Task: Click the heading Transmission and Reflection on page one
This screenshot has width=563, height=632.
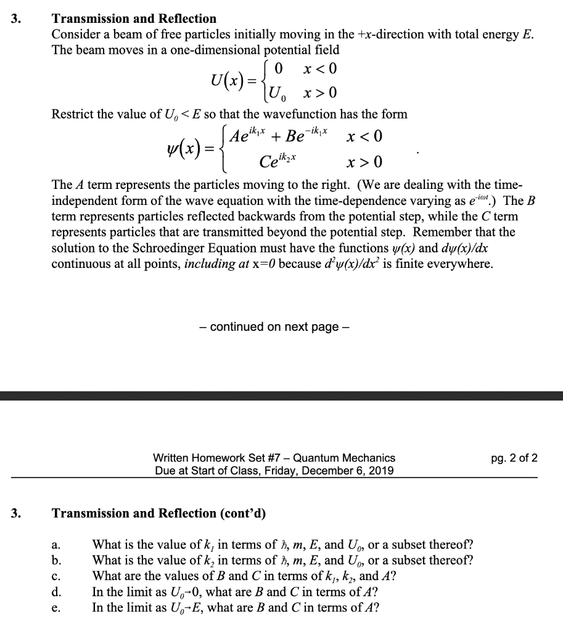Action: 134,19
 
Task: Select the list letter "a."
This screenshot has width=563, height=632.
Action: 56,546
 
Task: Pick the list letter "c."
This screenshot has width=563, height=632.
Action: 56,576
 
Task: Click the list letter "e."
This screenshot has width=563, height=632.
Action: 56,607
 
